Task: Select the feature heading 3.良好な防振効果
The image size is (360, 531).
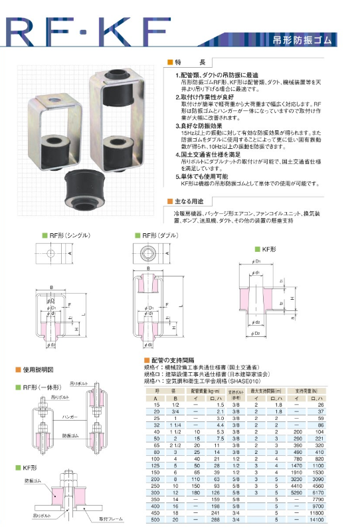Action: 203,125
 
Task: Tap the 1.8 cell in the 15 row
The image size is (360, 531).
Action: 278,405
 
